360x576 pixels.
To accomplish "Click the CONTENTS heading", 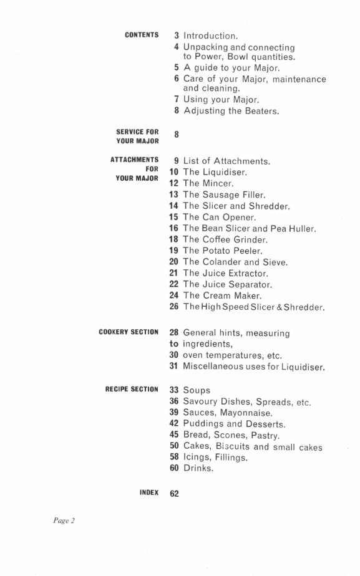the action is [x=142, y=36].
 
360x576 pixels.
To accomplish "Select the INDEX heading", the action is [x=148, y=493].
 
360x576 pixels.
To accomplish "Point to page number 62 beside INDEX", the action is [x=174, y=494].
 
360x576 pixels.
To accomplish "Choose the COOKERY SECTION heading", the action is [x=129, y=332].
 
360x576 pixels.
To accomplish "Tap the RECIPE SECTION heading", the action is [x=132, y=390].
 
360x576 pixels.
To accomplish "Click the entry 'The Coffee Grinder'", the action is [x=225, y=240].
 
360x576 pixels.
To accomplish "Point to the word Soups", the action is [x=197, y=391].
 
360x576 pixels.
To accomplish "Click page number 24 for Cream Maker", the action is [x=174, y=295].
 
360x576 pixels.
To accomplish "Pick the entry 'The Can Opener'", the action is [x=220, y=218].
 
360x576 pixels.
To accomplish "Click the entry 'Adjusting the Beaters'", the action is [x=231, y=111].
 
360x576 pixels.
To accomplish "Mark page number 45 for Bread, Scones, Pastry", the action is [x=174, y=435].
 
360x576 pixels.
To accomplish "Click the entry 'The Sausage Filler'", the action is [x=225, y=195].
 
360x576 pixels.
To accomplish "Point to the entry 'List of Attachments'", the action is [x=227, y=161].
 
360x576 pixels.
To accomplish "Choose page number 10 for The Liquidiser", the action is [x=174, y=172].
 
